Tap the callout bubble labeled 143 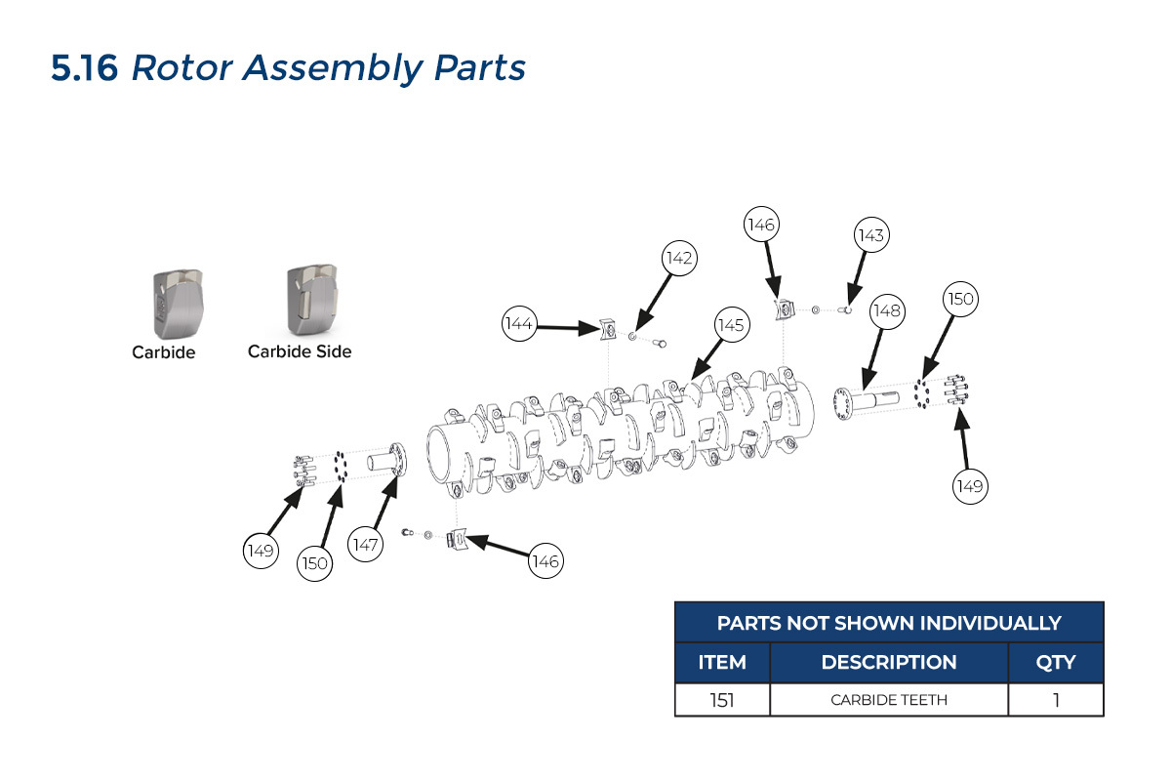(870, 235)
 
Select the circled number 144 (521, 323)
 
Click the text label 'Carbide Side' (300, 351)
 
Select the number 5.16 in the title (85, 68)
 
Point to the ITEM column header (722, 662)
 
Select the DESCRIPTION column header (889, 662)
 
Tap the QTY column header (1056, 662)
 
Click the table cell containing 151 (722, 699)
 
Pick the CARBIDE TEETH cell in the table (889, 699)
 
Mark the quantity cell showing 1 (1056, 699)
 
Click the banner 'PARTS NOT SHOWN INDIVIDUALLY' (889, 623)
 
